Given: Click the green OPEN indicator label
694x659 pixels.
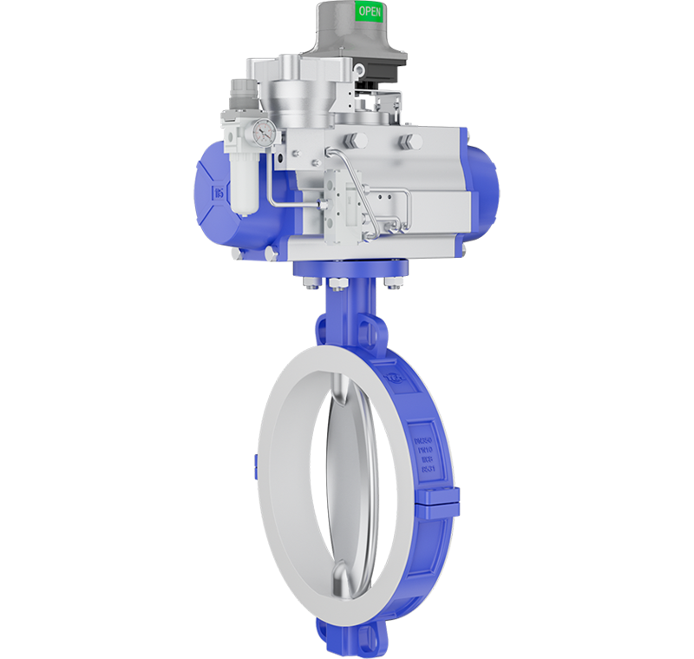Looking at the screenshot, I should point(369,12).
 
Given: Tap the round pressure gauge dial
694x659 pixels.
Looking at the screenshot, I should point(265,132).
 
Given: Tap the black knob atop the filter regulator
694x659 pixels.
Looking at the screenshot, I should point(239,92).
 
